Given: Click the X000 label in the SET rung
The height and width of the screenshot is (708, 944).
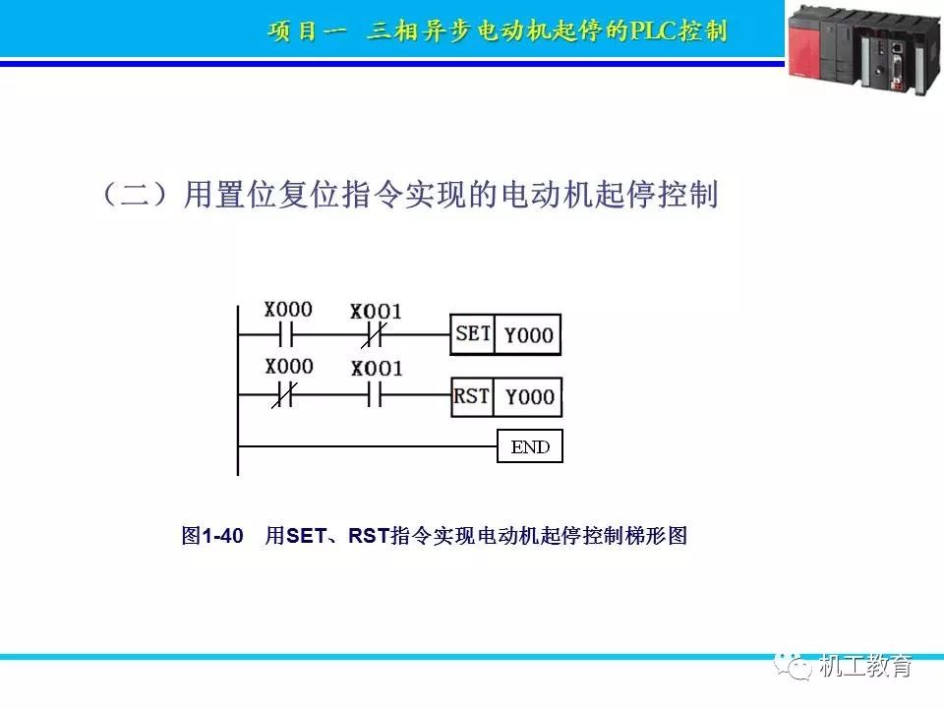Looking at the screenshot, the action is tap(288, 310).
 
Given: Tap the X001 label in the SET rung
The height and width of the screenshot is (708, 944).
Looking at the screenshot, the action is tap(376, 312).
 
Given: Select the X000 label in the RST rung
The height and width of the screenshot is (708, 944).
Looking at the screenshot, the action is tap(289, 366).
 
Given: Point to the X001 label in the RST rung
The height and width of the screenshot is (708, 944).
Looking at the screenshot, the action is tap(377, 368).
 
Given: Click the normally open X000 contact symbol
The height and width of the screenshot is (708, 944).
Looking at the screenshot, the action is tap(286, 334).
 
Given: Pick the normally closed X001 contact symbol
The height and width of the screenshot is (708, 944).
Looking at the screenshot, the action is tap(374, 334).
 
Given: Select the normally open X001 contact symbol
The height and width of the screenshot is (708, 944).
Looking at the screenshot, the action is tap(375, 395).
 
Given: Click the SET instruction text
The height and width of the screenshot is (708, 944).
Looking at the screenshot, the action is tap(473, 333).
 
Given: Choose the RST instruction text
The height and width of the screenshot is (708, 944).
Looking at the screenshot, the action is tap(471, 396).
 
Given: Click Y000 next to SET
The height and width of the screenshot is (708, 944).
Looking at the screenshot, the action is tap(529, 334).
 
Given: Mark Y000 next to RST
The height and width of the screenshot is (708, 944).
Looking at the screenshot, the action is tap(530, 396).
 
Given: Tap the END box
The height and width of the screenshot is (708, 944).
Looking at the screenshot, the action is tap(530, 446).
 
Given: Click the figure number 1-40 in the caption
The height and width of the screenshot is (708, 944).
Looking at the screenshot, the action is tap(222, 535).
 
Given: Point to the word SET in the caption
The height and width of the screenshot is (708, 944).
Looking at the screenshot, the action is tap(307, 535).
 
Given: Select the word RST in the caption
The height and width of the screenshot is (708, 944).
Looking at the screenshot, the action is tap(369, 535).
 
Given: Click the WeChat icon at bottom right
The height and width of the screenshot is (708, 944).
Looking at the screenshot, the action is tap(793, 666).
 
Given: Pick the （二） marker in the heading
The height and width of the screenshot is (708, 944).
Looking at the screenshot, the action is tap(135, 194).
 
